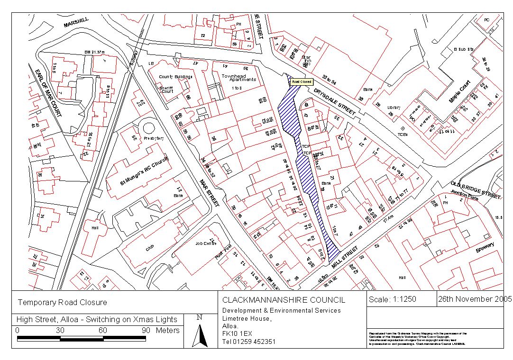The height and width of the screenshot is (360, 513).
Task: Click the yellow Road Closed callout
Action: point(302,81)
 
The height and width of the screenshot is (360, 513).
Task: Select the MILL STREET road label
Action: point(345,259)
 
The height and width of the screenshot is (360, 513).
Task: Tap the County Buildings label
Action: point(175,77)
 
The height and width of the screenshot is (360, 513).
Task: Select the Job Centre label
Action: point(206,243)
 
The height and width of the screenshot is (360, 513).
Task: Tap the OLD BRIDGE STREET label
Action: point(476,189)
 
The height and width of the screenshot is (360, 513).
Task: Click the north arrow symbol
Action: point(202,335)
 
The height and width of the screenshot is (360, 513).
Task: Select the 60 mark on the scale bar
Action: point(102,330)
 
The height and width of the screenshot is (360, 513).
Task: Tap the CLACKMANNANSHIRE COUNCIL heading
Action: point(284,300)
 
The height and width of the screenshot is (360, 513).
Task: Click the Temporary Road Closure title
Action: point(62,302)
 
